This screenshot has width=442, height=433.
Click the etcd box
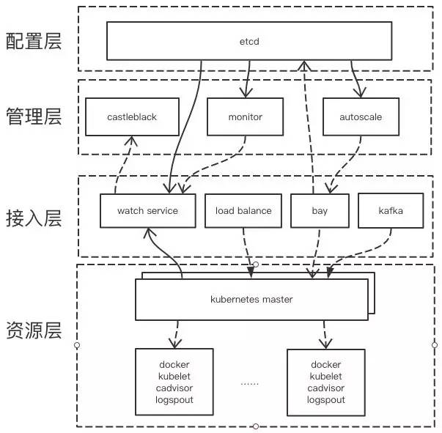250,41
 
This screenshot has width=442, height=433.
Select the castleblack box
132,116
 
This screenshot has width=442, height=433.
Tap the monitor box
245,116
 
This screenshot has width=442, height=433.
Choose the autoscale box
361,116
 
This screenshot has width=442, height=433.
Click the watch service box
147,210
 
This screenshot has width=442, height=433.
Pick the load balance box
243,210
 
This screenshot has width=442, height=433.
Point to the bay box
319,210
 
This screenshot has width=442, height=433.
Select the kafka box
391,210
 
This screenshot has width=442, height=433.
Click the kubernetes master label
251,300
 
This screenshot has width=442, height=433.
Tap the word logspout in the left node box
174,400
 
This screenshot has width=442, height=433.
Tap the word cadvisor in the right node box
326,388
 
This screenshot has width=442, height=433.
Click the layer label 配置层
34,40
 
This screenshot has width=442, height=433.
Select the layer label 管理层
34,117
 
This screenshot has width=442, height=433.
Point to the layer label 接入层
34,218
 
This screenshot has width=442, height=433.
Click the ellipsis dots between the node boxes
250,382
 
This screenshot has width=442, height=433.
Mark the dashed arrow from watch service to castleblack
122,165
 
